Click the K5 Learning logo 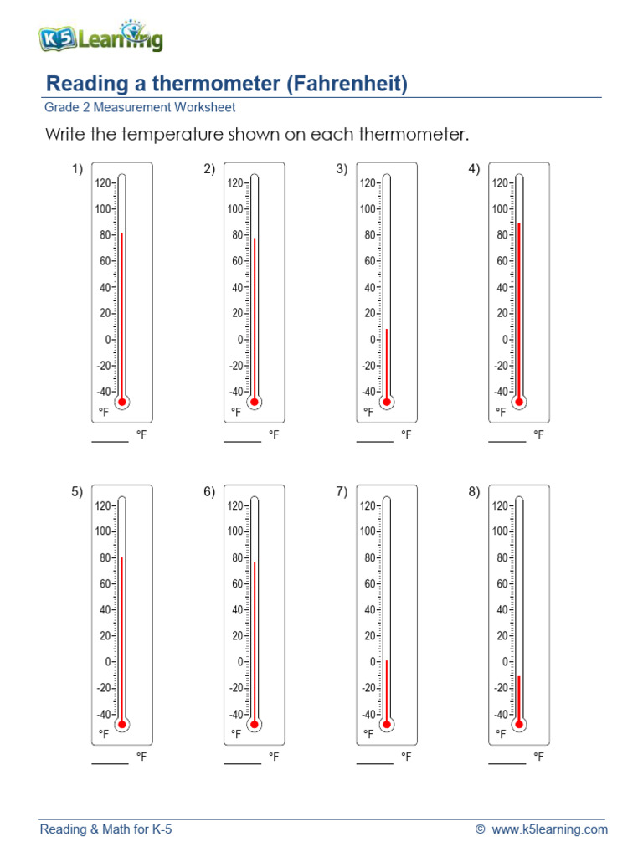(100, 37)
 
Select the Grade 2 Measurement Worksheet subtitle (140, 107)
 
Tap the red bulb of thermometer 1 (122, 402)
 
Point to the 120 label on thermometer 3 (368, 183)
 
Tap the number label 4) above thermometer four (474, 169)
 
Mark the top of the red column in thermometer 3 (387, 330)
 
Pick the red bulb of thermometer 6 (255, 724)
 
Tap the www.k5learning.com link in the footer (549, 829)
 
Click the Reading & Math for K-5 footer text (106, 829)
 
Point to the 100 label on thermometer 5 (103, 531)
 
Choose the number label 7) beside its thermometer (342, 491)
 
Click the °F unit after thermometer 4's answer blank (538, 435)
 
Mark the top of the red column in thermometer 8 (519, 676)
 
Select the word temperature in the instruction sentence (180, 134)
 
